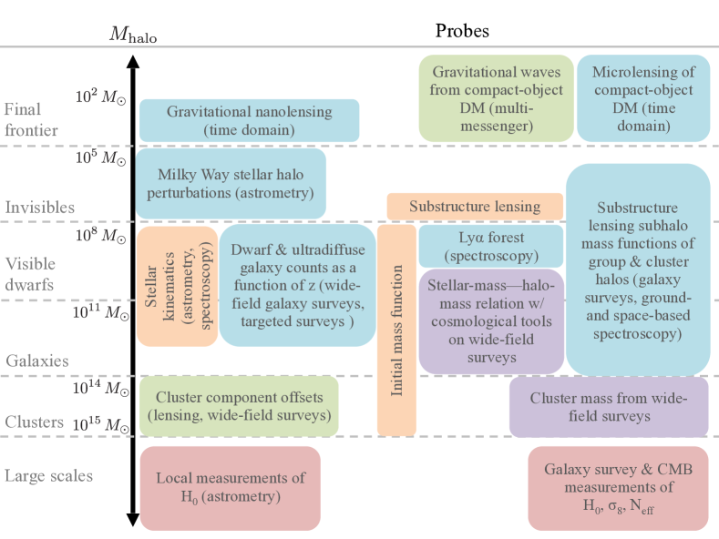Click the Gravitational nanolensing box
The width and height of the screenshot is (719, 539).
pos(249,120)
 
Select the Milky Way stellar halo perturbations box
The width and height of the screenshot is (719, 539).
pos(231,183)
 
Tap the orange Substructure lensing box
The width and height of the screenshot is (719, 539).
pos(475,207)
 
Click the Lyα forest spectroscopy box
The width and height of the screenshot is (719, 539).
pos(490,246)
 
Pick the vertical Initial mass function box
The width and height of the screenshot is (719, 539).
pos(396,330)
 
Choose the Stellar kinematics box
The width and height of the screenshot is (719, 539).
pos(177,287)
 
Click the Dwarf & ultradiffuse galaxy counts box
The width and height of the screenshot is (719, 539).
pos(298,285)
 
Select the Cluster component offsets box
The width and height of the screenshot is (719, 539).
pos(239,406)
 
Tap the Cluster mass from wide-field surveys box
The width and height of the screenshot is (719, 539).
pos(609,407)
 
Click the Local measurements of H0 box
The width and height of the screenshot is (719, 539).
pos(231,488)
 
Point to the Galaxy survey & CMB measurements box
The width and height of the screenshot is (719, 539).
pos(618,488)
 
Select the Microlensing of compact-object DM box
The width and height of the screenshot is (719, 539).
pos(643,98)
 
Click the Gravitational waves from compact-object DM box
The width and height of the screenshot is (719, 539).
pos(496,98)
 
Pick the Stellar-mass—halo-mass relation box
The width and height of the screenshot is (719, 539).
pos(491,321)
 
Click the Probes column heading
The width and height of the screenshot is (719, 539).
pos(462,31)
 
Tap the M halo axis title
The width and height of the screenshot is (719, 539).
pos(133,34)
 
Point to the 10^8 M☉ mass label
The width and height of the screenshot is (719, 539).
pos(100,235)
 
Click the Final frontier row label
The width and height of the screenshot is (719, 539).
pos(31,119)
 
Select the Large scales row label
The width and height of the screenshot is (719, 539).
pos(48,476)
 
